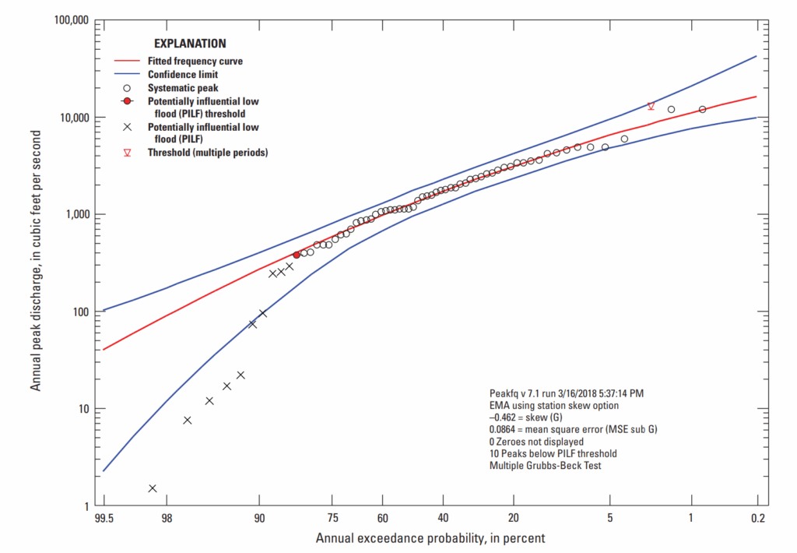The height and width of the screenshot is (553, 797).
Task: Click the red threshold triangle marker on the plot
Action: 651,106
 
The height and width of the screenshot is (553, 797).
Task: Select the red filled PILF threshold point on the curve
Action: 297,255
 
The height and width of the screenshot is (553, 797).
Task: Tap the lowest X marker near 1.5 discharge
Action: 153,488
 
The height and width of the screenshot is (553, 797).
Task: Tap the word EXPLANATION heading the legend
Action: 190,44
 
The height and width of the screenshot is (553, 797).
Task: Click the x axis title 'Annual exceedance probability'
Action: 430,538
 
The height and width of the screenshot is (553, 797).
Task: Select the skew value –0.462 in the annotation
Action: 505,417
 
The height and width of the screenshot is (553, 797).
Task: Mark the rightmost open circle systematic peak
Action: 702,110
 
